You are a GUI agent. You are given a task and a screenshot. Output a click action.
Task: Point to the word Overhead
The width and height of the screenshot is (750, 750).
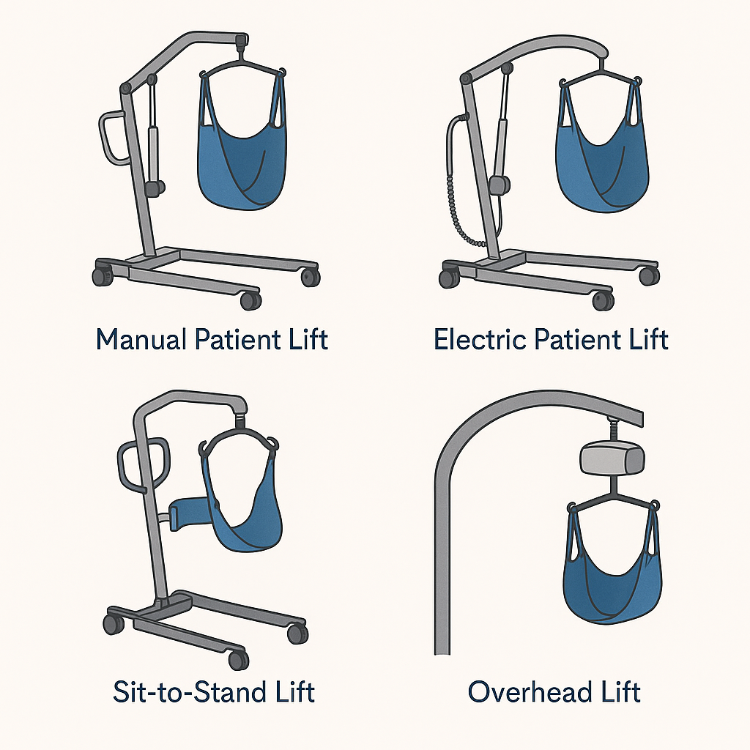coord(530,691)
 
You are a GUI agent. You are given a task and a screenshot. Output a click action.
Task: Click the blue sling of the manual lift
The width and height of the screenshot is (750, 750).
coord(242,158)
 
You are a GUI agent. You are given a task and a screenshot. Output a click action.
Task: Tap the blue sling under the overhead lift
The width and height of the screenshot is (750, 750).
coord(613,584)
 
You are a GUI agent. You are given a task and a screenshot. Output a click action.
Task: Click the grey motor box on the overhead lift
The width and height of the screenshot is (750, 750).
coord(612,459)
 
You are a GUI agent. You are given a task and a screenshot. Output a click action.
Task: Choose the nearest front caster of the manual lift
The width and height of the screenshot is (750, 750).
coord(250,300)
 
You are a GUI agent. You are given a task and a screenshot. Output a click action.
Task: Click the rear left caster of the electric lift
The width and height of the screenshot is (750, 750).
coord(449,278)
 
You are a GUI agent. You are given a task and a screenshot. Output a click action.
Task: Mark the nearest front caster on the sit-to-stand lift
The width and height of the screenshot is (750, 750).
coord(239,660)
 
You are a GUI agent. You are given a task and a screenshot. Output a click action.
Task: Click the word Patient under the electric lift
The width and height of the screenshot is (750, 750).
coord(577,339)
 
